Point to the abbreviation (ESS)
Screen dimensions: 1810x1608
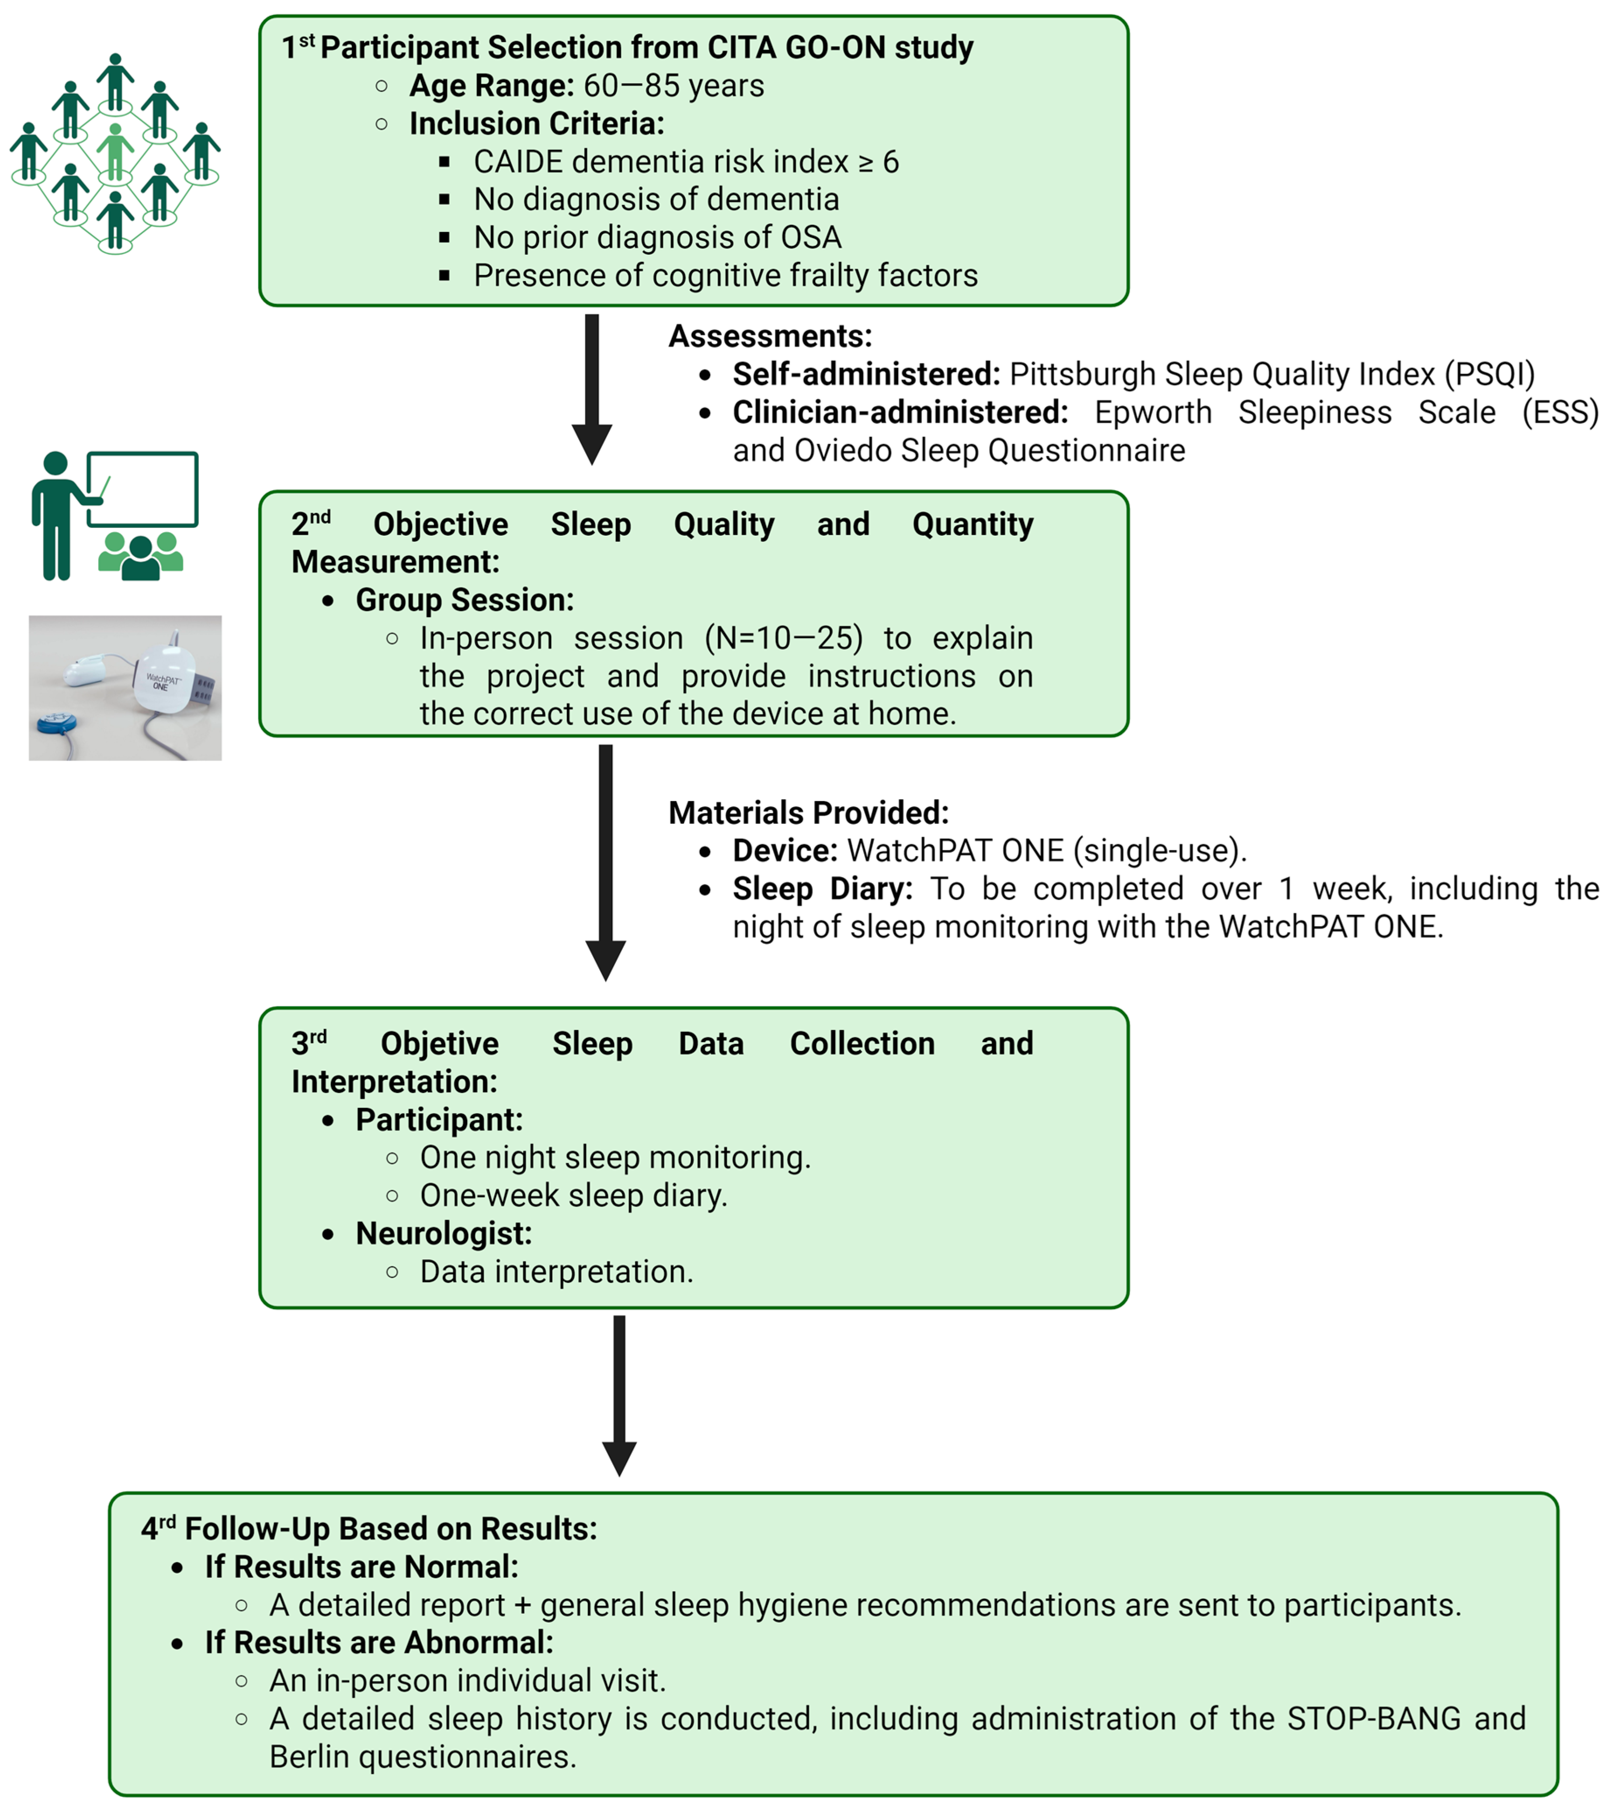(x=1559, y=413)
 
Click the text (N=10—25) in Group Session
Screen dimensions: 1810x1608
(x=783, y=638)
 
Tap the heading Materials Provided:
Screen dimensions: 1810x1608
(x=808, y=813)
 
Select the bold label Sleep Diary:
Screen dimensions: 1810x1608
(x=822, y=889)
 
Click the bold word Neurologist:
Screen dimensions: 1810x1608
(x=443, y=1234)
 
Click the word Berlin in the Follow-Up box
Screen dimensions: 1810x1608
(x=310, y=1757)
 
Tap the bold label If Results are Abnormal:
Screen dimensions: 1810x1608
(x=379, y=1643)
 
